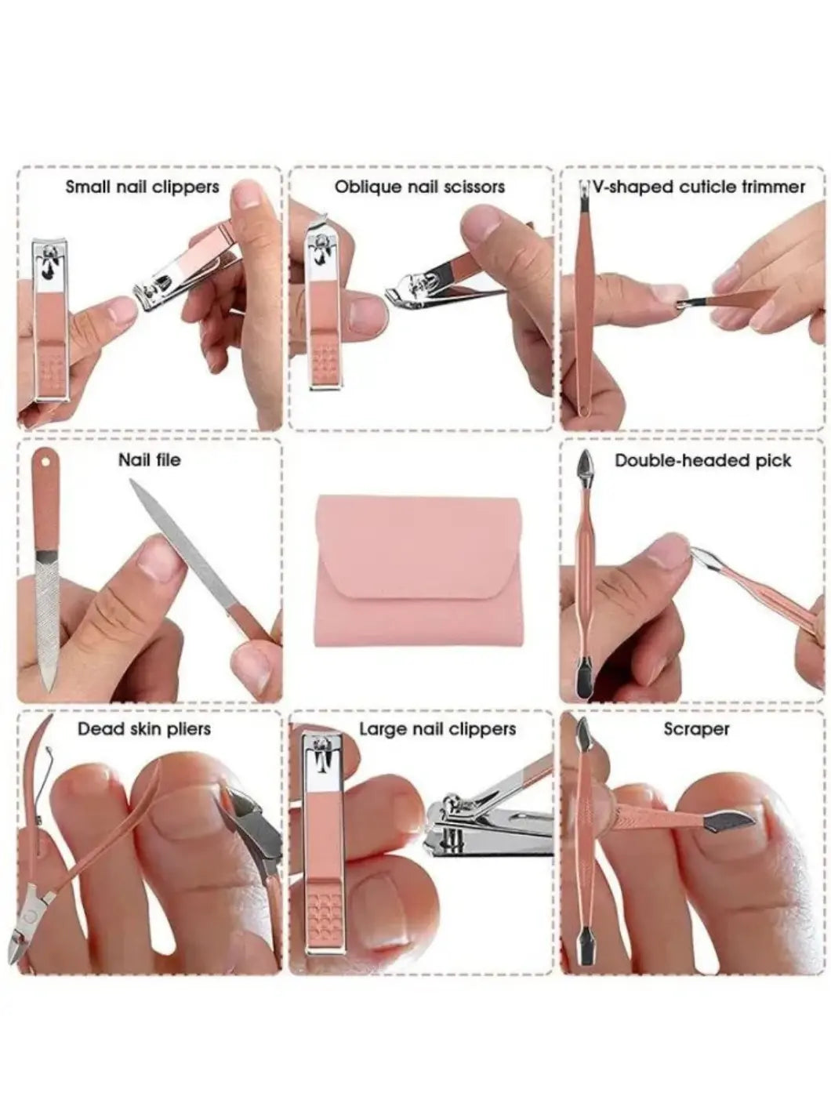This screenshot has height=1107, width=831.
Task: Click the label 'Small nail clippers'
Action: pos(143,187)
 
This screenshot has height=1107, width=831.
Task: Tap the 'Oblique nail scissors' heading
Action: pos(420,187)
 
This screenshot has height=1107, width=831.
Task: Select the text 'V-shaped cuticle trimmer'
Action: pos(699,187)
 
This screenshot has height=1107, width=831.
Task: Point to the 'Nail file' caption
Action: pos(149,460)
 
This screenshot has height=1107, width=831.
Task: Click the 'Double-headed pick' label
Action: pos(703,460)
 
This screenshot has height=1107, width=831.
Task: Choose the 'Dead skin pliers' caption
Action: pos(144,729)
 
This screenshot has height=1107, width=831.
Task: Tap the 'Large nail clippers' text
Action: pos(437,729)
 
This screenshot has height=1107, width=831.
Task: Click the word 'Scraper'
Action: pos(696,729)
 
